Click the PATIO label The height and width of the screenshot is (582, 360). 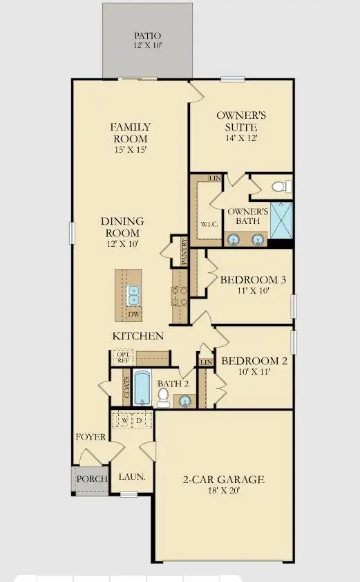coord(146,35)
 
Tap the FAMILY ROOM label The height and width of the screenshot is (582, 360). coord(131,133)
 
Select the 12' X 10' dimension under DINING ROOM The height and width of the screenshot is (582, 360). coord(122,244)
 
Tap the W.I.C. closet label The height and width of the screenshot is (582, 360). coord(209,224)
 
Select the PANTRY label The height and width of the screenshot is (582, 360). coord(184,252)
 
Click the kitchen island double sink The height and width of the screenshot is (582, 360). coord(133,295)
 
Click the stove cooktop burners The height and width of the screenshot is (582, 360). coord(179,296)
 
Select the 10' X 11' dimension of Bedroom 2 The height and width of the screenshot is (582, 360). coord(251,372)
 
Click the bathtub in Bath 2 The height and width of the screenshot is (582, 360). coord(142,388)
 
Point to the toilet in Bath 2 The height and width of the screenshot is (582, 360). coord(163,396)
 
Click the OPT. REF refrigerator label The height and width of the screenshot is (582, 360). coord(123,357)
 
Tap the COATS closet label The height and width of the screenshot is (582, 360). coord(126,391)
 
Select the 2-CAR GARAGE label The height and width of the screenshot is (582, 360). coord(223,480)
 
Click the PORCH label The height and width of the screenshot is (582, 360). coord(90,479)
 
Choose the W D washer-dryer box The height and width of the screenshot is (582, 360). coord(132,420)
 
